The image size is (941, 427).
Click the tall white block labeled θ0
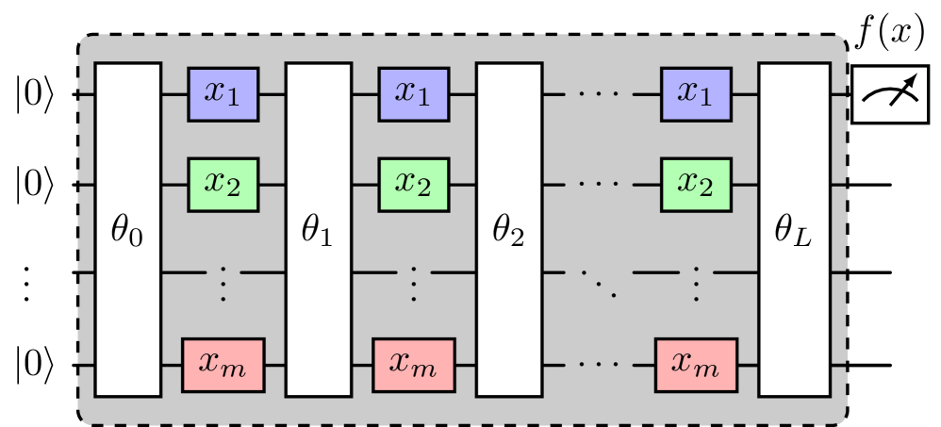point(128,230)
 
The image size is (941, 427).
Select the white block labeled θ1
point(319,230)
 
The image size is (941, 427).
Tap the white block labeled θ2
point(509,230)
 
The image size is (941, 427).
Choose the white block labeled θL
point(795,230)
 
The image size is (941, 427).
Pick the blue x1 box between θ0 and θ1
point(223,94)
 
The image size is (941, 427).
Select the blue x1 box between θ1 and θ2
point(413,94)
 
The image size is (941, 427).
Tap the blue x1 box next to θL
point(696,94)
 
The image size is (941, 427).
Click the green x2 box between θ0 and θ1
point(223,183)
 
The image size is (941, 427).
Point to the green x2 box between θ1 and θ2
point(413,183)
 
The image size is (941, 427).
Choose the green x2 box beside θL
point(696,183)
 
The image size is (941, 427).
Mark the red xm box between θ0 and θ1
point(223,364)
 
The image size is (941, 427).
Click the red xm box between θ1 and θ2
point(413,364)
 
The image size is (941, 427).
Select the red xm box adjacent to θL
point(696,364)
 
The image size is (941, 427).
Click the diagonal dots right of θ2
point(600,280)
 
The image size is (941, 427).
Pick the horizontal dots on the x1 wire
point(600,94)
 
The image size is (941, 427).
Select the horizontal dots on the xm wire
point(600,364)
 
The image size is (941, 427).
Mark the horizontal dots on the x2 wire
point(600,183)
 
